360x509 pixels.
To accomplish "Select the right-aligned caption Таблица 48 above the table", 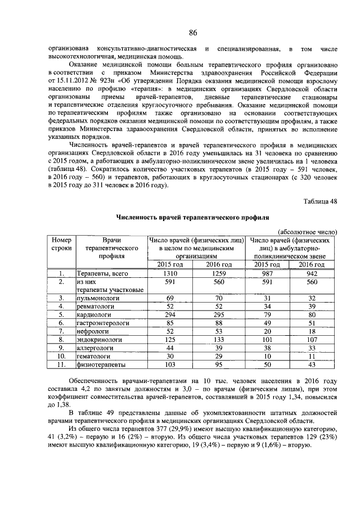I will pos(320,201).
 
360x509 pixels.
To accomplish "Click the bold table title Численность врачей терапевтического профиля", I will pos(192,217).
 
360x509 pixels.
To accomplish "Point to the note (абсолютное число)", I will pos(308,231).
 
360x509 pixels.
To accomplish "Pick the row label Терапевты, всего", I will pos(103,274).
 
